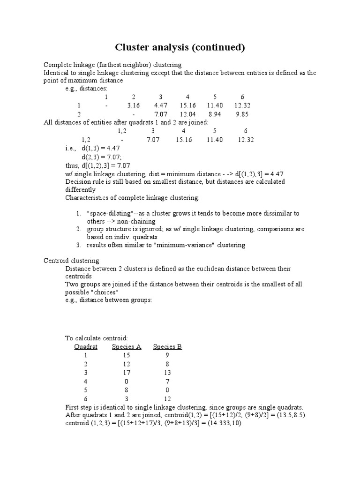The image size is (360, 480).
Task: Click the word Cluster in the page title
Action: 133,47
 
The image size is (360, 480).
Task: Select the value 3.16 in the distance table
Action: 134,105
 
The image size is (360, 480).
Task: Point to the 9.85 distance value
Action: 242,114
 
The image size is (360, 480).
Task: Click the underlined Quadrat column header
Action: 86,347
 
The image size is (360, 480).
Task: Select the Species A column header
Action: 126,347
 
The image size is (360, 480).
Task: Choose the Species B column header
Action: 167,347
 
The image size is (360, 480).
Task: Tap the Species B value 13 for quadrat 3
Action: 167,373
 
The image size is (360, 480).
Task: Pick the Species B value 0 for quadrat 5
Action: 167,390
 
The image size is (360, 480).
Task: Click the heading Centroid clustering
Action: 71,260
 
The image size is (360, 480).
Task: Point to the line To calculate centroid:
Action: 96,338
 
